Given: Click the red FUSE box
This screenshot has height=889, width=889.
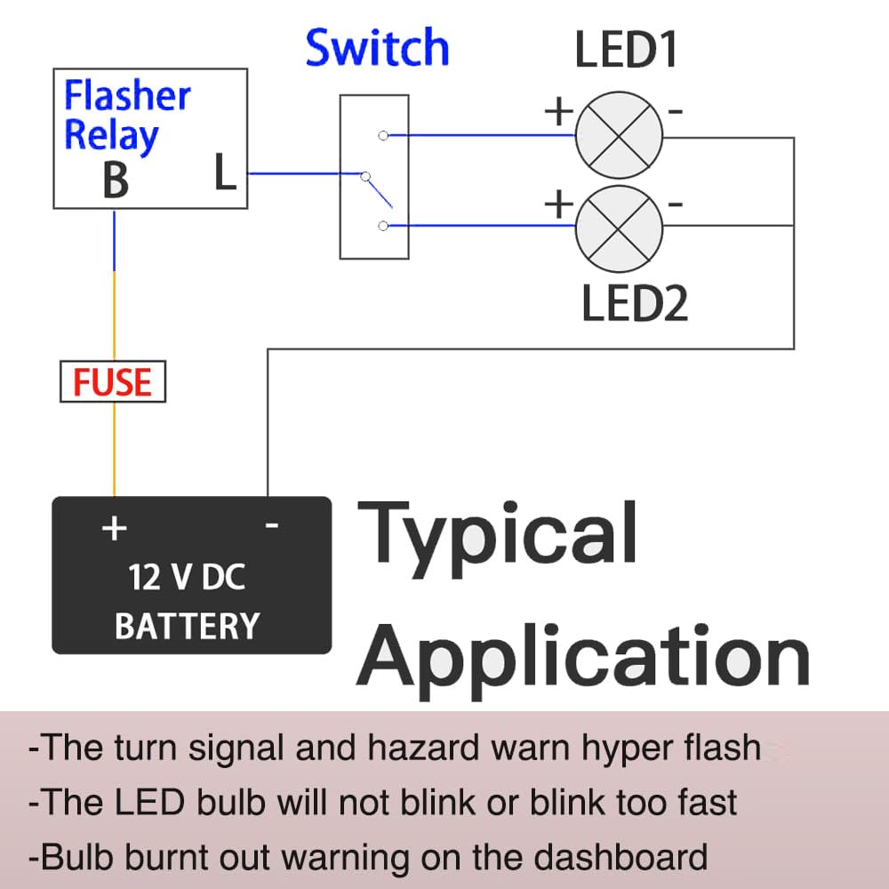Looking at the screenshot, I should pos(113,382).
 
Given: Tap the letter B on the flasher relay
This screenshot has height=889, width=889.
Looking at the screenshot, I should pos(116,180).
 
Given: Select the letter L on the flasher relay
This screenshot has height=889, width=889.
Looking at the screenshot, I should pos(226,172).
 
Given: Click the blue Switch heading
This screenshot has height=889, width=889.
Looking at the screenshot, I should pos(377,48).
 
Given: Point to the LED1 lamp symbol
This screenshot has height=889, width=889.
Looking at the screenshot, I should pos(619,136).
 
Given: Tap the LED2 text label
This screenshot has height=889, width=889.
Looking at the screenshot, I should pos(634,303).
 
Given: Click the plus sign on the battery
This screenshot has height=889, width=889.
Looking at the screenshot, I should pos(114,528).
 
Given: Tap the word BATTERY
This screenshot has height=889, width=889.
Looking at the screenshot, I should pos(187,626).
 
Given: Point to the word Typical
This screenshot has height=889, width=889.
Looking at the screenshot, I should pos(497,533).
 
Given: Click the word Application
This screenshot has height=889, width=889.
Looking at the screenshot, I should pos(582,656).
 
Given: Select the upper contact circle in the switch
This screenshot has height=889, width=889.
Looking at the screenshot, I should pos(382,136).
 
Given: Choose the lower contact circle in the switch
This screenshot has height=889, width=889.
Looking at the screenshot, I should pos(382,226).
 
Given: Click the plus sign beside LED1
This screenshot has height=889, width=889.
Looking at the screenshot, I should pos(558,112).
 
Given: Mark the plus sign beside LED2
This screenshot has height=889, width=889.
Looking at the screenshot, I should pos(558,205).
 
